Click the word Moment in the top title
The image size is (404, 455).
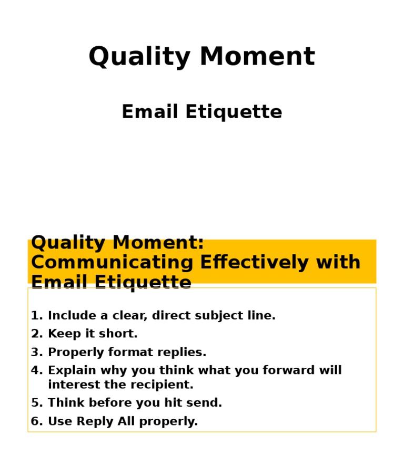click(257, 57)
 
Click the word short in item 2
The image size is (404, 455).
click(121, 334)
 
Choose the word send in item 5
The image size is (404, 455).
click(206, 403)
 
